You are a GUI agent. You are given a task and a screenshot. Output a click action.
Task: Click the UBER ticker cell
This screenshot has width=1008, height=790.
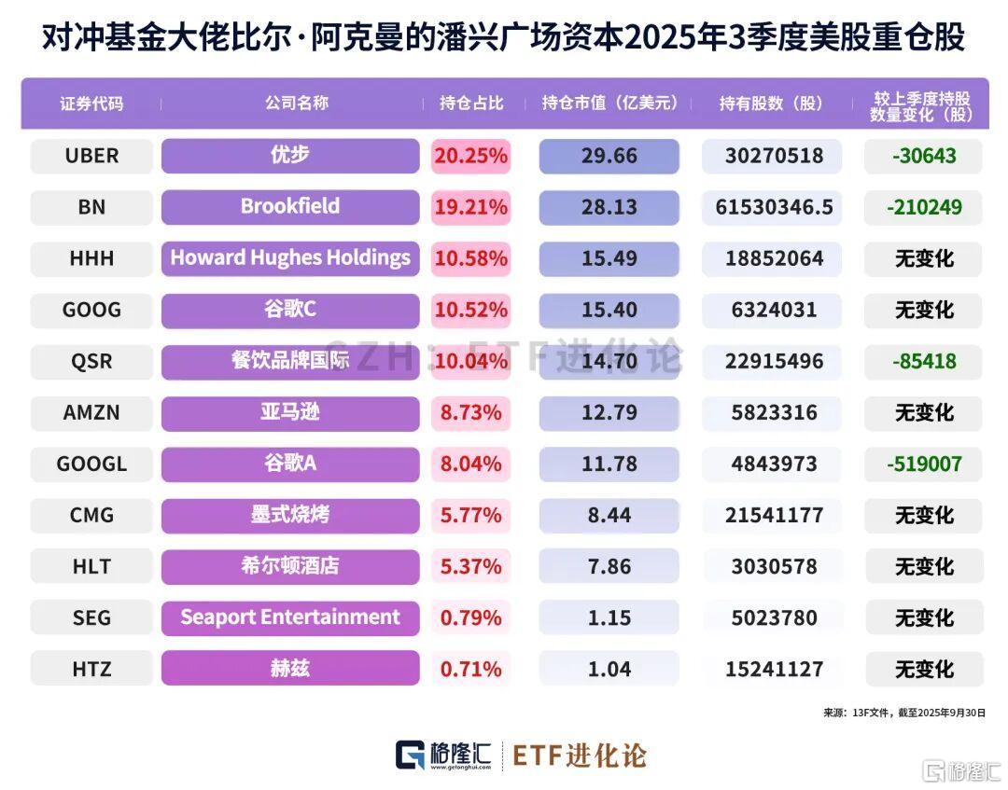[91, 156]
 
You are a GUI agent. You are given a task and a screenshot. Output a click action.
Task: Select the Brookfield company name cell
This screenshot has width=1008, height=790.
[290, 206]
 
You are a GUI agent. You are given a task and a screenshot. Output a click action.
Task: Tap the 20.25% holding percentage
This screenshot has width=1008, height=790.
[470, 156]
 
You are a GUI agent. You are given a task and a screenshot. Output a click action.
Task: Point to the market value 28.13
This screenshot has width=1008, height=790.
[609, 207]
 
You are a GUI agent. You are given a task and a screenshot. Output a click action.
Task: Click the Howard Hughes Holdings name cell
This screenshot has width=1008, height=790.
[290, 258]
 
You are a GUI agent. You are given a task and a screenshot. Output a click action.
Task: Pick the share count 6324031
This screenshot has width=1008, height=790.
[771, 310]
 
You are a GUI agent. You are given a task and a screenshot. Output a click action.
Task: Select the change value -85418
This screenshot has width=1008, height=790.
[923, 361]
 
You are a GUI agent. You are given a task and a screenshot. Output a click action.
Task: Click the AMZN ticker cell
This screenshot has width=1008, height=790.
[91, 412]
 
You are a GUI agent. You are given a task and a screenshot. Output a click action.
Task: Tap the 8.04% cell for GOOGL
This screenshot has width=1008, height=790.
[470, 464]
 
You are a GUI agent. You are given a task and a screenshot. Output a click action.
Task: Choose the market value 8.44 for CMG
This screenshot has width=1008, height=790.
[609, 515]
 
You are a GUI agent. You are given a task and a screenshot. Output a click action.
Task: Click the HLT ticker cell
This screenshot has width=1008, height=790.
[91, 566]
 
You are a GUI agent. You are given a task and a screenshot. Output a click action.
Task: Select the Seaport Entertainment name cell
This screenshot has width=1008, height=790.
[290, 617]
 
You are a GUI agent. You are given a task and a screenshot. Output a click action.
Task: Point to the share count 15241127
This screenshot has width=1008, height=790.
[771, 669]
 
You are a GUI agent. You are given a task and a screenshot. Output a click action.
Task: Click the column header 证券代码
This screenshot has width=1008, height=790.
[91, 104]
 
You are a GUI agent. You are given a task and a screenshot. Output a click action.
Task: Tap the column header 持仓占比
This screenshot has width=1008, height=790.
[471, 104]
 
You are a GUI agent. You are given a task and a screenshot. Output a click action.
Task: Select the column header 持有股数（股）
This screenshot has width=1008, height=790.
[771, 104]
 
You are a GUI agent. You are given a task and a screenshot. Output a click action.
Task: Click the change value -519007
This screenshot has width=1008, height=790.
[923, 464]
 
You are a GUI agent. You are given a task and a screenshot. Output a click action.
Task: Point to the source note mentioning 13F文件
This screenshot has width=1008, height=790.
[903, 712]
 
